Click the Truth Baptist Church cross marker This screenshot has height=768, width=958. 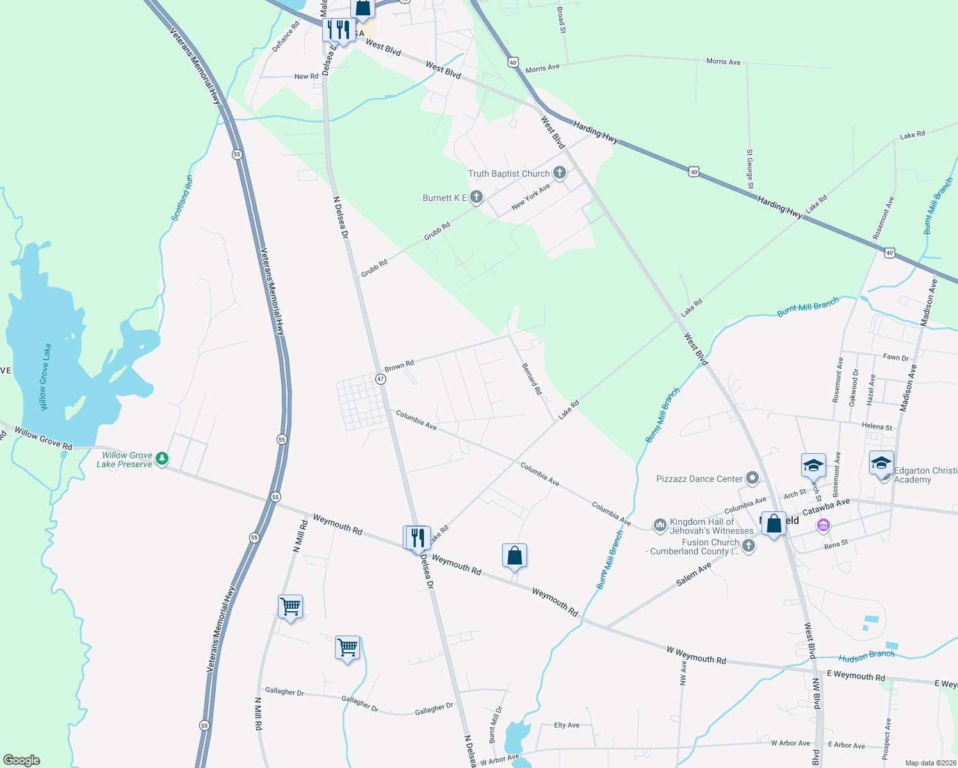560,173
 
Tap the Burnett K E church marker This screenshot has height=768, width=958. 476,197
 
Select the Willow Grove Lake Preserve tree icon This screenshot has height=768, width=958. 163,458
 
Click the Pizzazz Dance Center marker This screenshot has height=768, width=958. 752,478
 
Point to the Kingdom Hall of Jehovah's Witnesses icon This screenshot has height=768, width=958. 660,525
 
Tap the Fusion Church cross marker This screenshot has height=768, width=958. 748,545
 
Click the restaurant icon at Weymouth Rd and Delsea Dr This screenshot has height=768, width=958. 417,538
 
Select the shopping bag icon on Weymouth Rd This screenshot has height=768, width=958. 514,557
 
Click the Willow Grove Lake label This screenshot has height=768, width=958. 45,377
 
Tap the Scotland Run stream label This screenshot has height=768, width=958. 182,198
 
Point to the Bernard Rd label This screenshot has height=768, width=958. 532,378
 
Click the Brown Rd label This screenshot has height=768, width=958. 399,366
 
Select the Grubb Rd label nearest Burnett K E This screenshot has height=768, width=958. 437,231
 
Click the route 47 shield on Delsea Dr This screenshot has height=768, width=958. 381,379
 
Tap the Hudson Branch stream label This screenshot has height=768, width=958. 866,655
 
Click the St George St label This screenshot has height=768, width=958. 749,169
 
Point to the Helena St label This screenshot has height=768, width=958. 877,426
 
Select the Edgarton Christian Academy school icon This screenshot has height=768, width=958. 881,462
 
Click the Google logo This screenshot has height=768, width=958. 22,760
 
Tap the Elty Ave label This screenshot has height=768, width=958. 566,725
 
